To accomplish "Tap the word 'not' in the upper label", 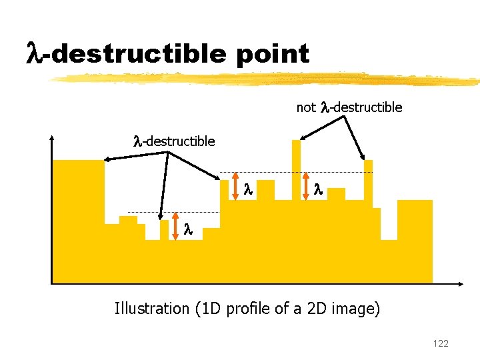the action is point(306,107).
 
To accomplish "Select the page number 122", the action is point(440,343).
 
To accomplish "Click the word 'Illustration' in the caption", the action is point(152,309).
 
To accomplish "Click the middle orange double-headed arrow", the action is point(235,186).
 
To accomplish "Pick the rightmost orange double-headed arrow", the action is point(306,186).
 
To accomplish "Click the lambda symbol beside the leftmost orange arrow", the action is point(188,229).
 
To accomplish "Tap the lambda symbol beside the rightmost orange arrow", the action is point(317,189).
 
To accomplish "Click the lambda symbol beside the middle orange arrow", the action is point(247,189).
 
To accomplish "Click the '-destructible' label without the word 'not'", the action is point(174,141).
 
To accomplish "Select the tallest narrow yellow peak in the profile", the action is point(295,167).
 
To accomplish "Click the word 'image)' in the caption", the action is point(357,309).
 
